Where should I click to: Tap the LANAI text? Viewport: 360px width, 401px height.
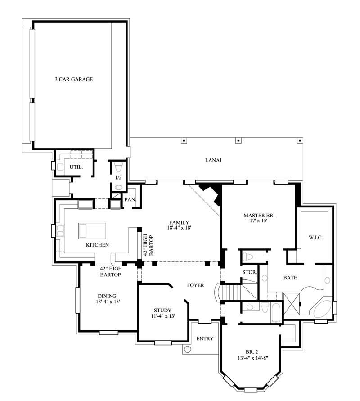(213, 160)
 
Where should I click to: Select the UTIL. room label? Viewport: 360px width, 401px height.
(75, 167)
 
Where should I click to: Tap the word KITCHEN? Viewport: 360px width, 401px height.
(98, 245)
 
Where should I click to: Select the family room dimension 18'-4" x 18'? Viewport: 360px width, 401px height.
(179, 229)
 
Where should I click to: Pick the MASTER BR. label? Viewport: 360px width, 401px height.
(259, 216)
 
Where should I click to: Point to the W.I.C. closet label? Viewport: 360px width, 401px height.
(315, 237)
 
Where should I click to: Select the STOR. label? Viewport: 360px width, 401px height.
(249, 272)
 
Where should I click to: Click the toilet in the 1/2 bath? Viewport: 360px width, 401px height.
(118, 167)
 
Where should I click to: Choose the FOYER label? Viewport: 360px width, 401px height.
(195, 285)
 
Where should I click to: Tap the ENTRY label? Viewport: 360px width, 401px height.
(205, 338)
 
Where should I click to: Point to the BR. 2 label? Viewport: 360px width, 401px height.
(252, 352)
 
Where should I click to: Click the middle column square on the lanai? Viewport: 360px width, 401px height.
(238, 140)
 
